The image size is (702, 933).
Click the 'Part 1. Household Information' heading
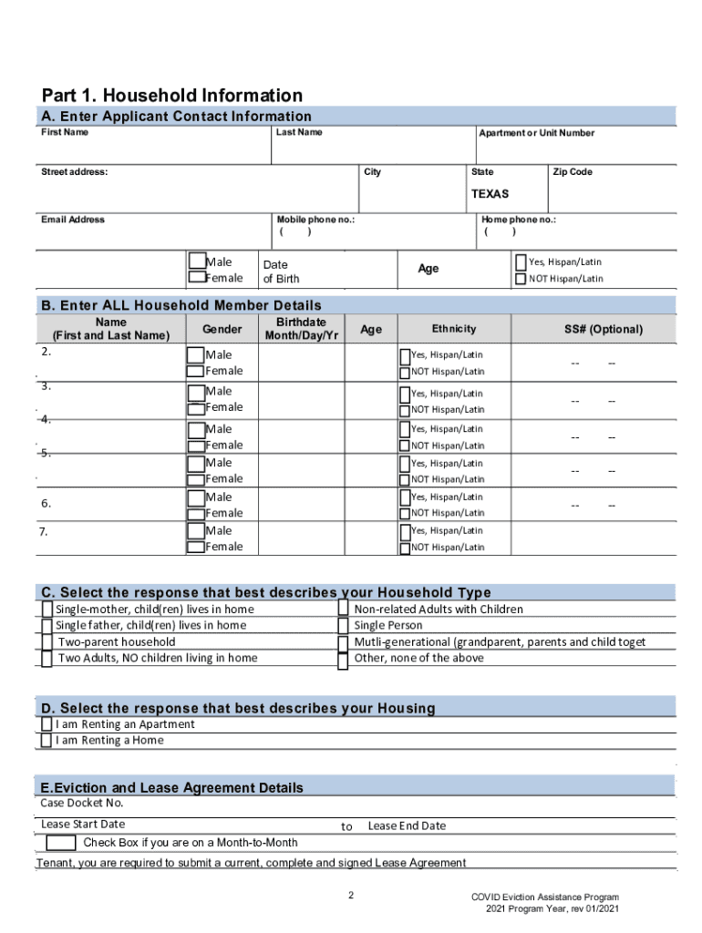click(x=172, y=96)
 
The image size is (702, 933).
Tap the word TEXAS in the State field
click(x=490, y=194)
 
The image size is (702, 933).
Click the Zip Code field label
click(x=573, y=172)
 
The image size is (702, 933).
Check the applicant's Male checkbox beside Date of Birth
click(x=196, y=262)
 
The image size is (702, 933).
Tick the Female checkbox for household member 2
click(x=195, y=372)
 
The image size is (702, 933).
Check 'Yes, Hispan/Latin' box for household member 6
click(x=405, y=497)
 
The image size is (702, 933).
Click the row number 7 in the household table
click(x=45, y=531)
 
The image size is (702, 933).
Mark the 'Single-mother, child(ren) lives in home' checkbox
click(x=46, y=610)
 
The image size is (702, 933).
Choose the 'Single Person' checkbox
click(x=344, y=626)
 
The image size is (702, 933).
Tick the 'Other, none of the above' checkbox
click(x=344, y=659)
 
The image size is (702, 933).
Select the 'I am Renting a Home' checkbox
click(x=46, y=741)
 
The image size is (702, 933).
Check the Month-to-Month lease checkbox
click(x=60, y=843)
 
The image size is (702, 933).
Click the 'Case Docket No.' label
click(x=82, y=803)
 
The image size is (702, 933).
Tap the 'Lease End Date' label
click(x=407, y=825)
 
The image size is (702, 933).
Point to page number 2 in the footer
click(x=351, y=897)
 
